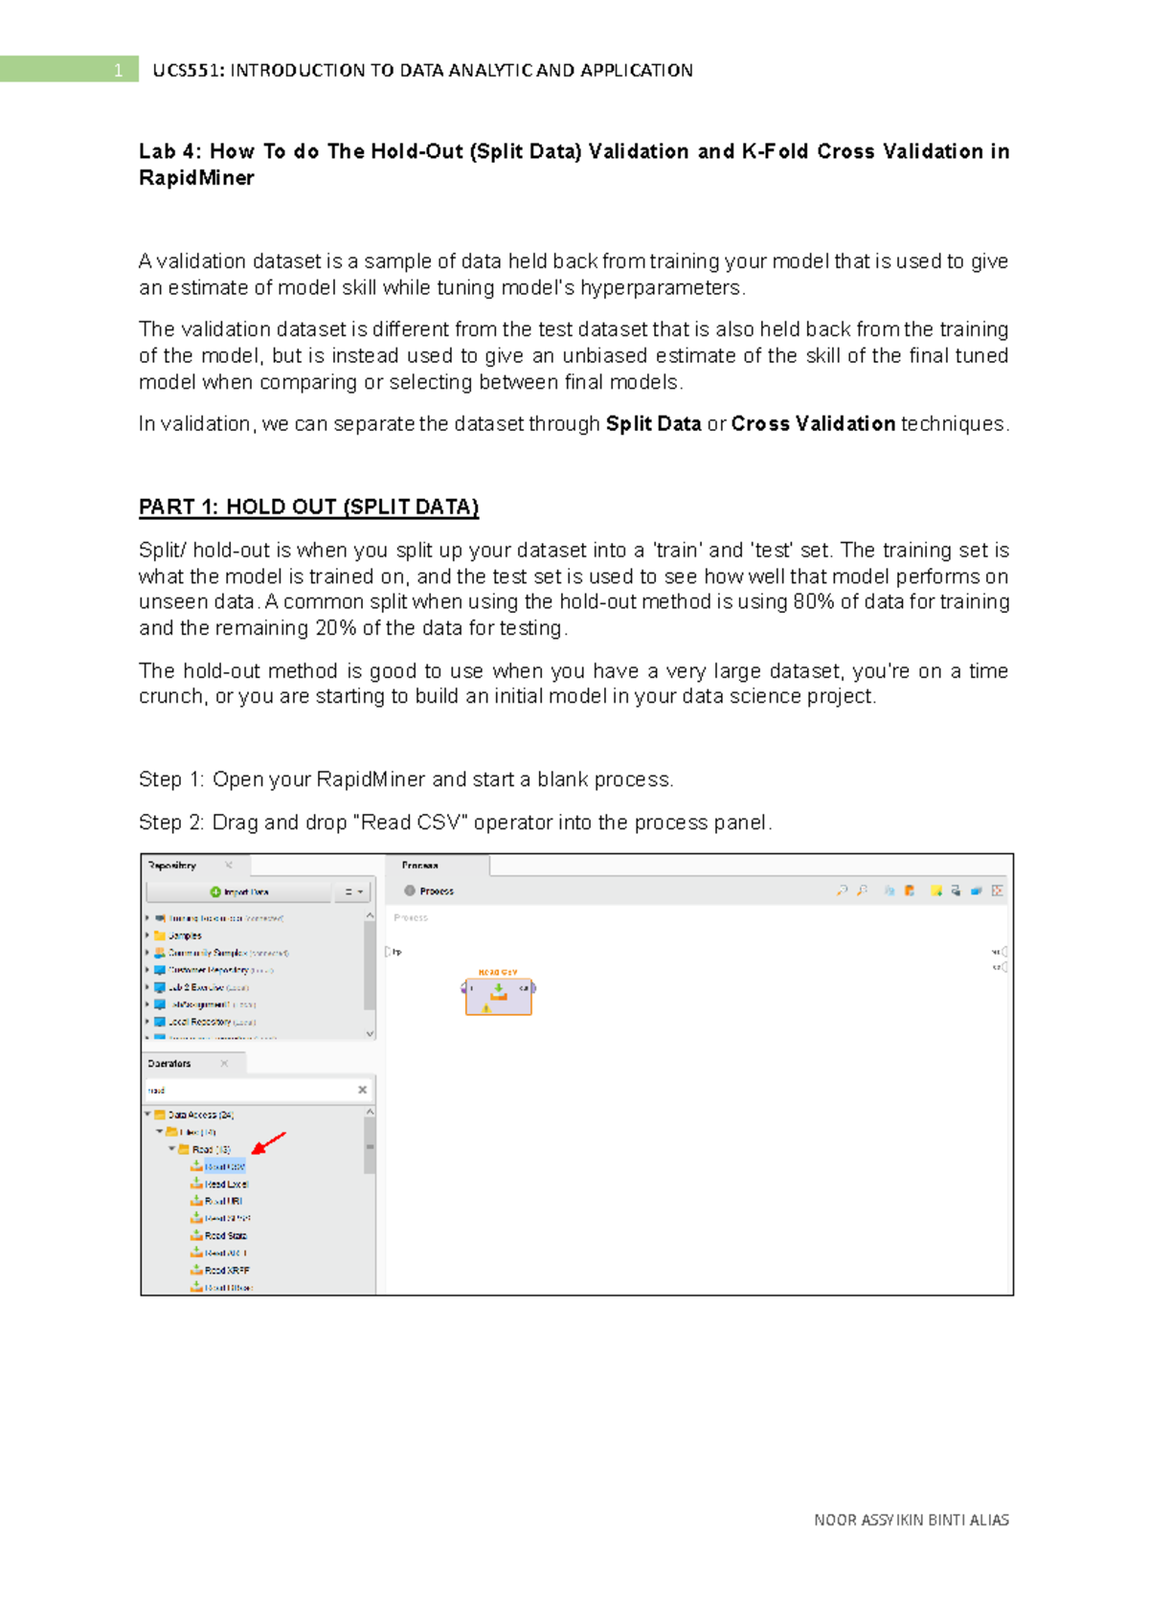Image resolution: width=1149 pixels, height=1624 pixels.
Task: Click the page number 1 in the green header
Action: tap(118, 70)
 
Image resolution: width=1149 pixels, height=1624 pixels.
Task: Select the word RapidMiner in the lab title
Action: tap(196, 178)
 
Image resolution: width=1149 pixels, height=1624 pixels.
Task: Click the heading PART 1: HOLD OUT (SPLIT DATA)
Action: tap(308, 507)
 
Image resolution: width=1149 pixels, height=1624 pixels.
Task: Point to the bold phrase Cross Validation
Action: tap(813, 423)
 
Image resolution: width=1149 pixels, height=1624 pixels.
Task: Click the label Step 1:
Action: tap(171, 779)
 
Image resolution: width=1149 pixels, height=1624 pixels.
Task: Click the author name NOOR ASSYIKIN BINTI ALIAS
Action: tap(911, 1520)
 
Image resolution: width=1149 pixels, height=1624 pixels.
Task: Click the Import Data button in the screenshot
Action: tap(239, 891)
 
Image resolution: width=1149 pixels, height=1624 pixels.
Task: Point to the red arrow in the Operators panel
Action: tap(269, 1142)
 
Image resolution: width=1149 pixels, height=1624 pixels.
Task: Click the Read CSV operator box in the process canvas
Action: tap(498, 996)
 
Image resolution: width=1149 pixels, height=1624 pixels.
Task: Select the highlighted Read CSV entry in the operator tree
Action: tap(225, 1166)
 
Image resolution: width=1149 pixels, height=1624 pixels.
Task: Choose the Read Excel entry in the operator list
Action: tap(226, 1184)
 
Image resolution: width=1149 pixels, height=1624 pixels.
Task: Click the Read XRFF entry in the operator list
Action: tap(227, 1271)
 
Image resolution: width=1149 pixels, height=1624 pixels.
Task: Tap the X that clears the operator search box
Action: tap(362, 1090)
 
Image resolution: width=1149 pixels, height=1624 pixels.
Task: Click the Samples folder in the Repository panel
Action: tap(184, 936)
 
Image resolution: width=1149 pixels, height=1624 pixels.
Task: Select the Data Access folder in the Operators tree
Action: tap(199, 1115)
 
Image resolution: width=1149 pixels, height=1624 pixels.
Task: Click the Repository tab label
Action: tap(172, 866)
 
